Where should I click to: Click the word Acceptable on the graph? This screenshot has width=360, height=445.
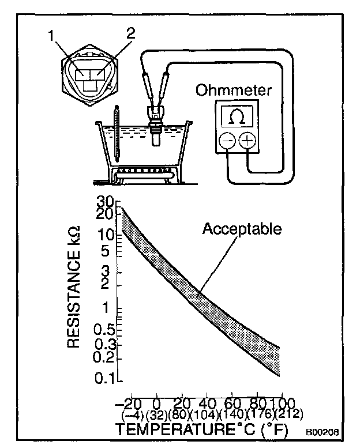242,229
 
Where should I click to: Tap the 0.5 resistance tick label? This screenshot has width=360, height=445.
102,329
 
